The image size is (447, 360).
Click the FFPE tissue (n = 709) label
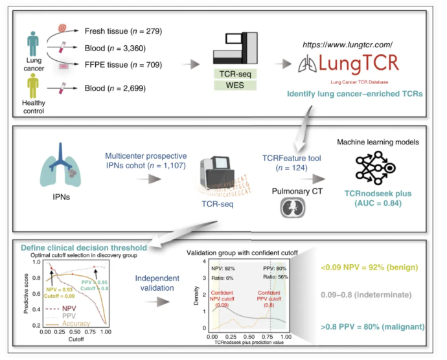[122, 65]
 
